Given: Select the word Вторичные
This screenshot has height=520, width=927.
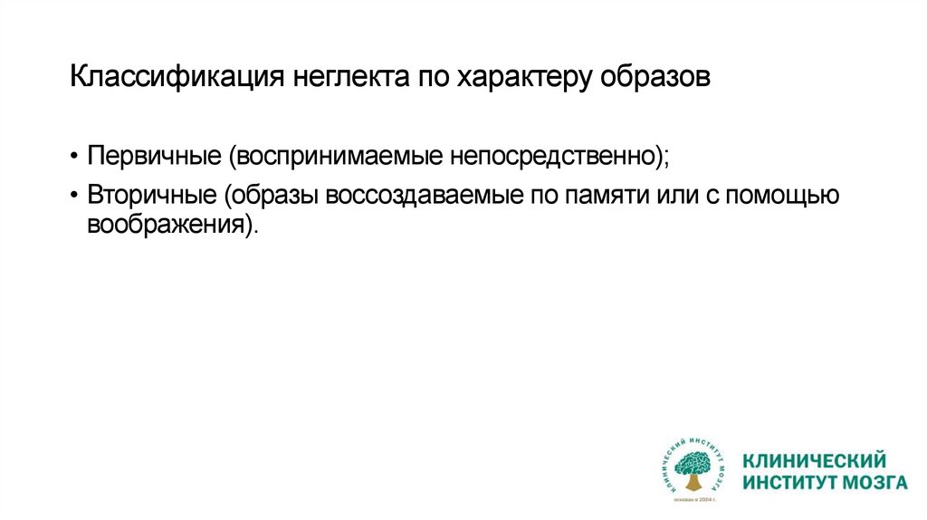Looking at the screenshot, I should pyautogui.click(x=155, y=195).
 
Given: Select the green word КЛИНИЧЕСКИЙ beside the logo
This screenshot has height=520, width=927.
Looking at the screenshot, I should pyautogui.click(x=814, y=461).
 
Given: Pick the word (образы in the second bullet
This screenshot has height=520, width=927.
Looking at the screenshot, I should pyautogui.click(x=275, y=195).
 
